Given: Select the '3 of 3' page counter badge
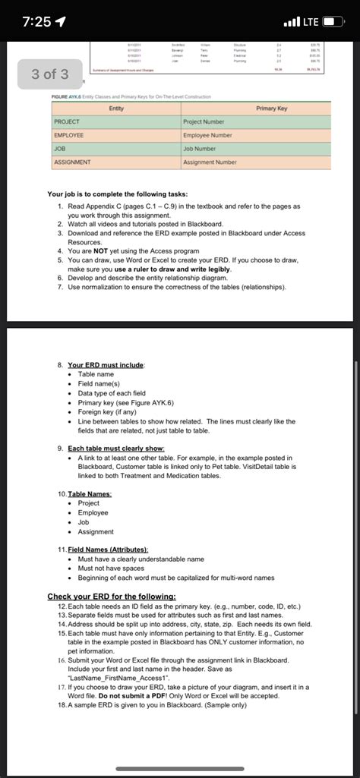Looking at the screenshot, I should coord(49,74).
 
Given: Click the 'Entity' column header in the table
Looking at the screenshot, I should coord(116,109).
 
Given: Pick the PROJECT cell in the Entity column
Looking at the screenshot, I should coord(67,122).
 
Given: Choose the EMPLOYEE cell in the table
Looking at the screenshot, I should coord(69,135).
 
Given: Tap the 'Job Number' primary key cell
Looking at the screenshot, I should coord(200,149).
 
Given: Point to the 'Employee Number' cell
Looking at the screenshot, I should coord(208,135).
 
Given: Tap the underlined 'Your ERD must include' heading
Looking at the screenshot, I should coord(106,365).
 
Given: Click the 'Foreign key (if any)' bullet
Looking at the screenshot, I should coord(111,412).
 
